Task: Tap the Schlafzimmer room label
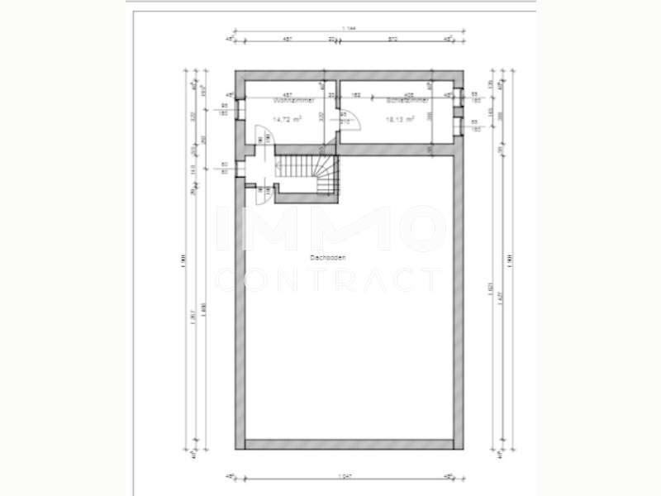tap(407, 100)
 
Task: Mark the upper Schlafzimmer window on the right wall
tap(460, 98)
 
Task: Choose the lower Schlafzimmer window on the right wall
tap(460, 126)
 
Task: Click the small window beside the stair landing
tap(239, 167)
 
